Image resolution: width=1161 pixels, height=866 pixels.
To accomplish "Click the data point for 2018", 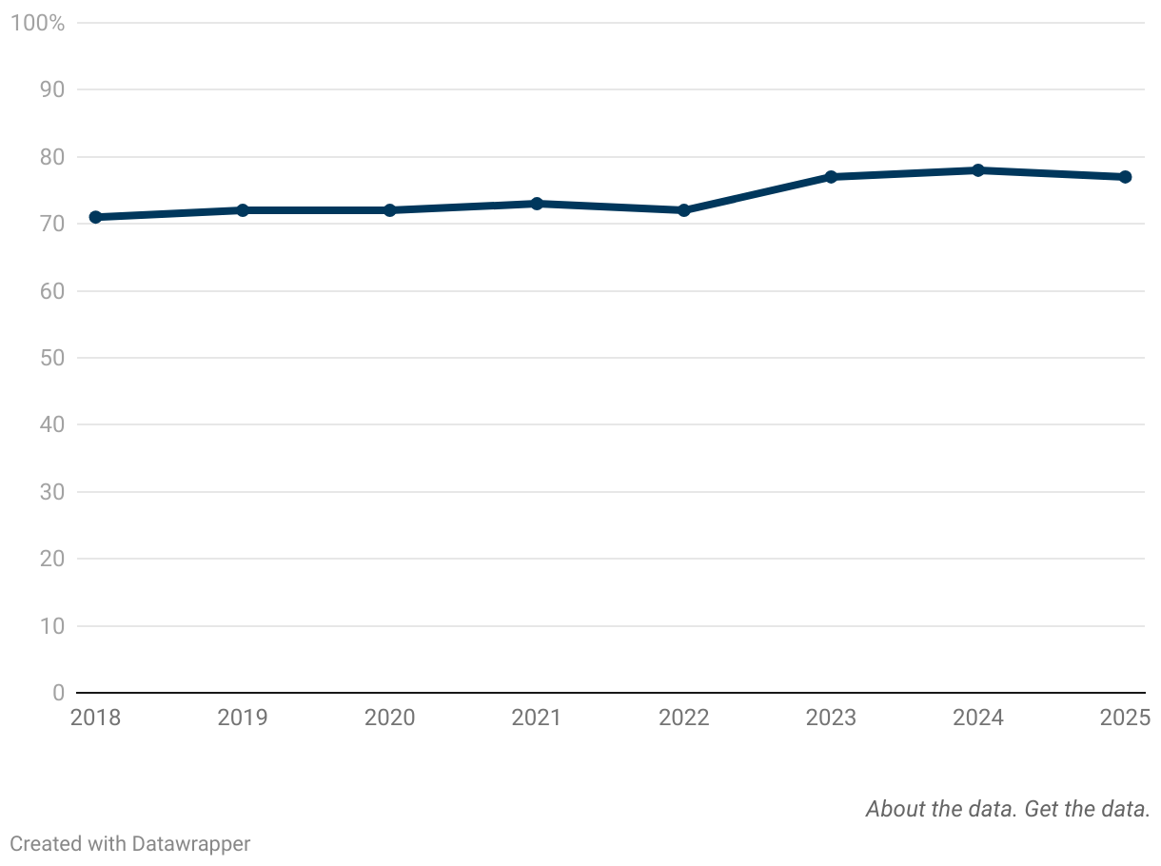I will pos(95,217).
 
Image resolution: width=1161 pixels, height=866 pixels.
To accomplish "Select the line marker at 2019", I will pos(243,210).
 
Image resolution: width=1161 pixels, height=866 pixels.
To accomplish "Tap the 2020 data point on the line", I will pos(390,210).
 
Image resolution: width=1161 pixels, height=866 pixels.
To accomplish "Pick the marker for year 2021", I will pos(537,204).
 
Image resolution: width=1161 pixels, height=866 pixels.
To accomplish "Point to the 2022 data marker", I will pos(684,210).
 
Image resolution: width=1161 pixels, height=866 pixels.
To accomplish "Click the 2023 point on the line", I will pos(831,177).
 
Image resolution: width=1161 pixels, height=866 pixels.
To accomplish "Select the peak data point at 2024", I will pos(978,170).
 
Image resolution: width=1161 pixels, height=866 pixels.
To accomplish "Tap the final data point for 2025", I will pos(1125,177).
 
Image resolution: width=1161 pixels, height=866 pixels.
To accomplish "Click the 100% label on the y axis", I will pos(37,23).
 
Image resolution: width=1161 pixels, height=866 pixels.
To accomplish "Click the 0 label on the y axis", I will pos(58,693).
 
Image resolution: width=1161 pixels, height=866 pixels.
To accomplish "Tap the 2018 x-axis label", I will pos(95,718).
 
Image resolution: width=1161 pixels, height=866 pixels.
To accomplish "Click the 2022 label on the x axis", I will pos(684,718).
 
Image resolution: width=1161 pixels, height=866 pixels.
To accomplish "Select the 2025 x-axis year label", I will pos(1125,718).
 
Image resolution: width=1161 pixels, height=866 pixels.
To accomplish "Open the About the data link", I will pos(941,809).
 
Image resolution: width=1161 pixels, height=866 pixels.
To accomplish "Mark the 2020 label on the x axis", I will pos(390,718).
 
